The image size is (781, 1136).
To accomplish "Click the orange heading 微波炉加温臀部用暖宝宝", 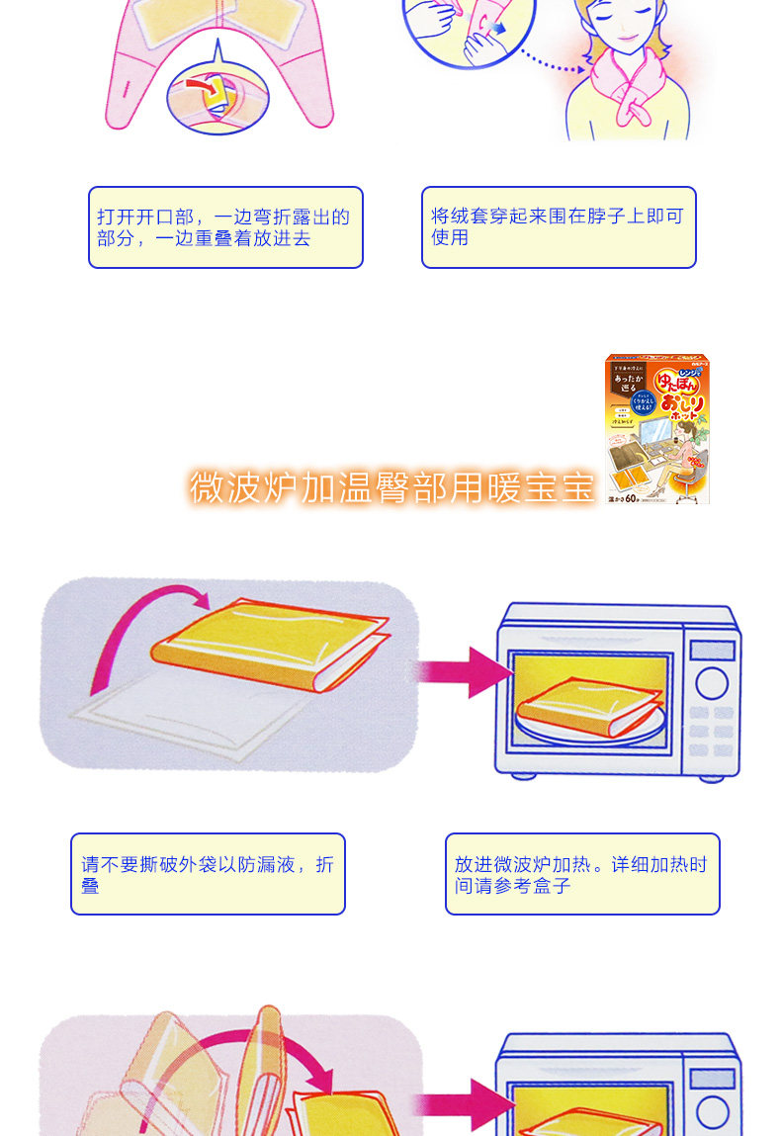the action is [391, 487].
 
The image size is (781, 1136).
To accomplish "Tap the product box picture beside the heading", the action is [657, 430].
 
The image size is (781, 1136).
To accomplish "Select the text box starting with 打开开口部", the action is [225, 227].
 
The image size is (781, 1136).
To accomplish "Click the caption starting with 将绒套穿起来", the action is [559, 227].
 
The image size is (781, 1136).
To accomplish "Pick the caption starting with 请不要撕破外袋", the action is [208, 874].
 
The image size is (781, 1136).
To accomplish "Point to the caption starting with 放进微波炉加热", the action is [582, 874].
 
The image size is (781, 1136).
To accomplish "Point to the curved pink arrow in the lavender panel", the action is [138, 623].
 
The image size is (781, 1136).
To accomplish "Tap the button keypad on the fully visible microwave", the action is [711, 732].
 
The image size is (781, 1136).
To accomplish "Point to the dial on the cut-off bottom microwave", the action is [712, 1112].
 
